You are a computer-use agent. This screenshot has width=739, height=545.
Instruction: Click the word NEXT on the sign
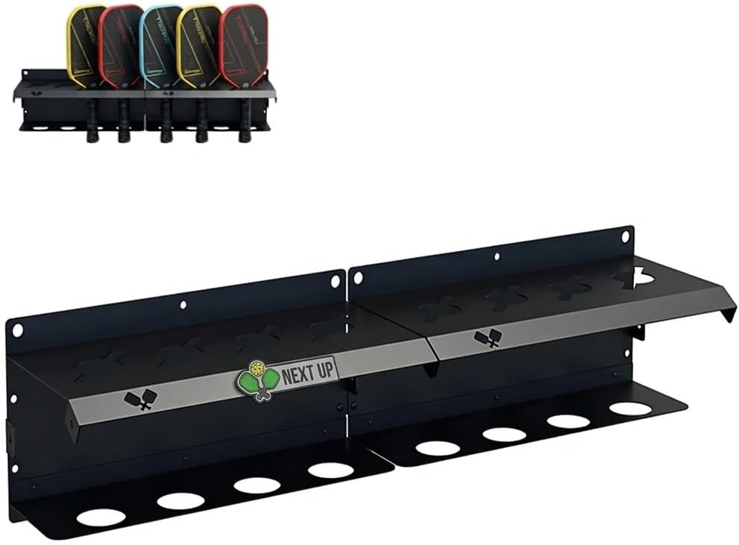click(x=298, y=371)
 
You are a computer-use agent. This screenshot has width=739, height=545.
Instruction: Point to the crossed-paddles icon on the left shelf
click(x=139, y=400)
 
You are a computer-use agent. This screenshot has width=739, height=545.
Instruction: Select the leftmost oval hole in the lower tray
click(x=101, y=517)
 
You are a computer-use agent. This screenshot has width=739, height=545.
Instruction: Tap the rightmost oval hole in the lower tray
click(x=630, y=409)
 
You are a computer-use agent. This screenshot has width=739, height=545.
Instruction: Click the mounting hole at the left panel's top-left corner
click(x=17, y=329)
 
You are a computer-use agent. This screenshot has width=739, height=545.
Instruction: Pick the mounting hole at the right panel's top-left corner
click(x=358, y=277)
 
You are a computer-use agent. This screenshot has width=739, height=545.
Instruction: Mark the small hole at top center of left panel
click(x=182, y=304)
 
